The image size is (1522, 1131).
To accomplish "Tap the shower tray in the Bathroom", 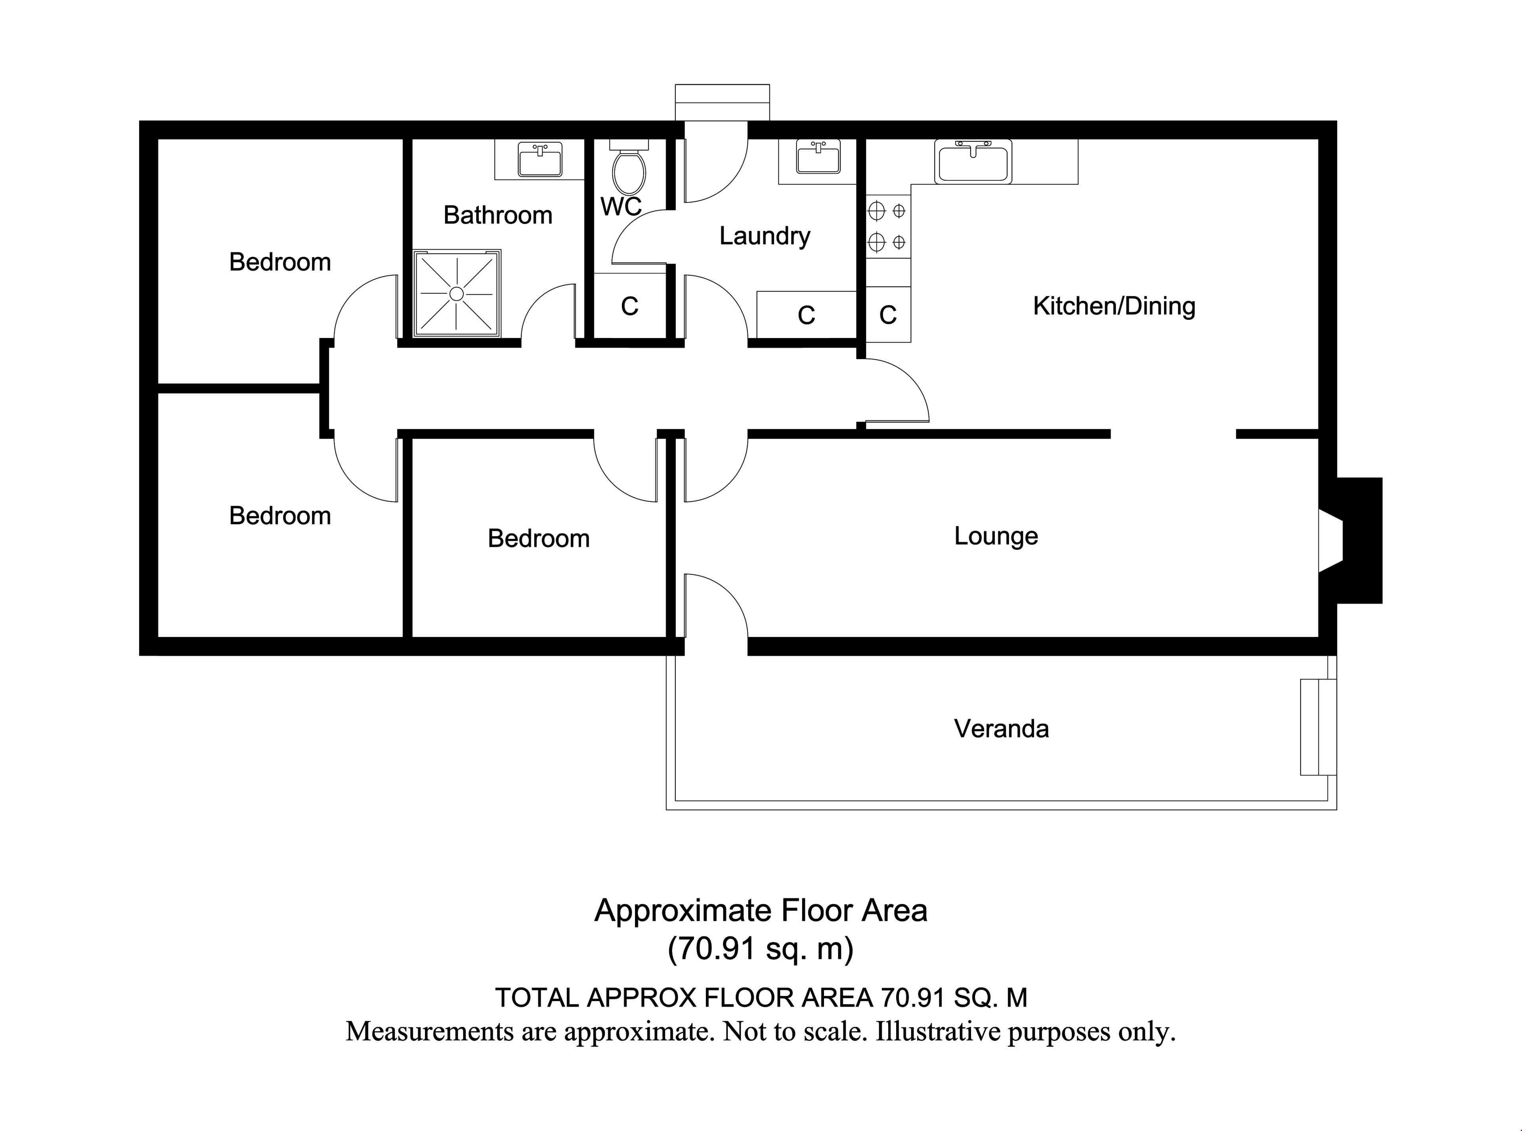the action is coord(457,294).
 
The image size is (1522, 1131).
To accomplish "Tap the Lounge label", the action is coord(996,536).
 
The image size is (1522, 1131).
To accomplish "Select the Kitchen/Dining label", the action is coord(1114,306).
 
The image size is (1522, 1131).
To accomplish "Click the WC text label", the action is coord(621,206).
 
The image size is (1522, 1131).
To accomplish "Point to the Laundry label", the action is coord(765,236).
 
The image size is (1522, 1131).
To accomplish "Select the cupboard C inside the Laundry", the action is coord(807,315).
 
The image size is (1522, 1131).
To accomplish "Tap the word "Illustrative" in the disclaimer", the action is coord(937,1031).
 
